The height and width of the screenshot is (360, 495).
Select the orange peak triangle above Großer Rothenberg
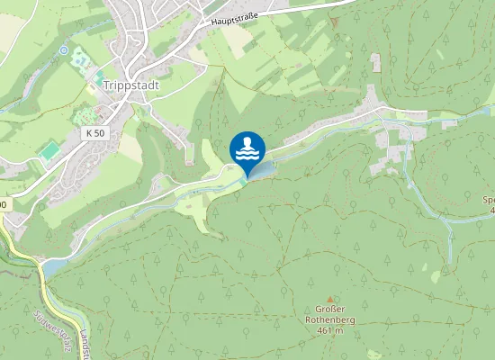(329, 300)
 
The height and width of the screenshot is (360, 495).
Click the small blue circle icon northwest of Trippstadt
(63, 50)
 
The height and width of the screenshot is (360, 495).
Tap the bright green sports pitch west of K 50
(50, 150)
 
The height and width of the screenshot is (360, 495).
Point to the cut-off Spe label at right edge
(489, 200)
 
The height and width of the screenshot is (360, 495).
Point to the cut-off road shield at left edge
(3, 205)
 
